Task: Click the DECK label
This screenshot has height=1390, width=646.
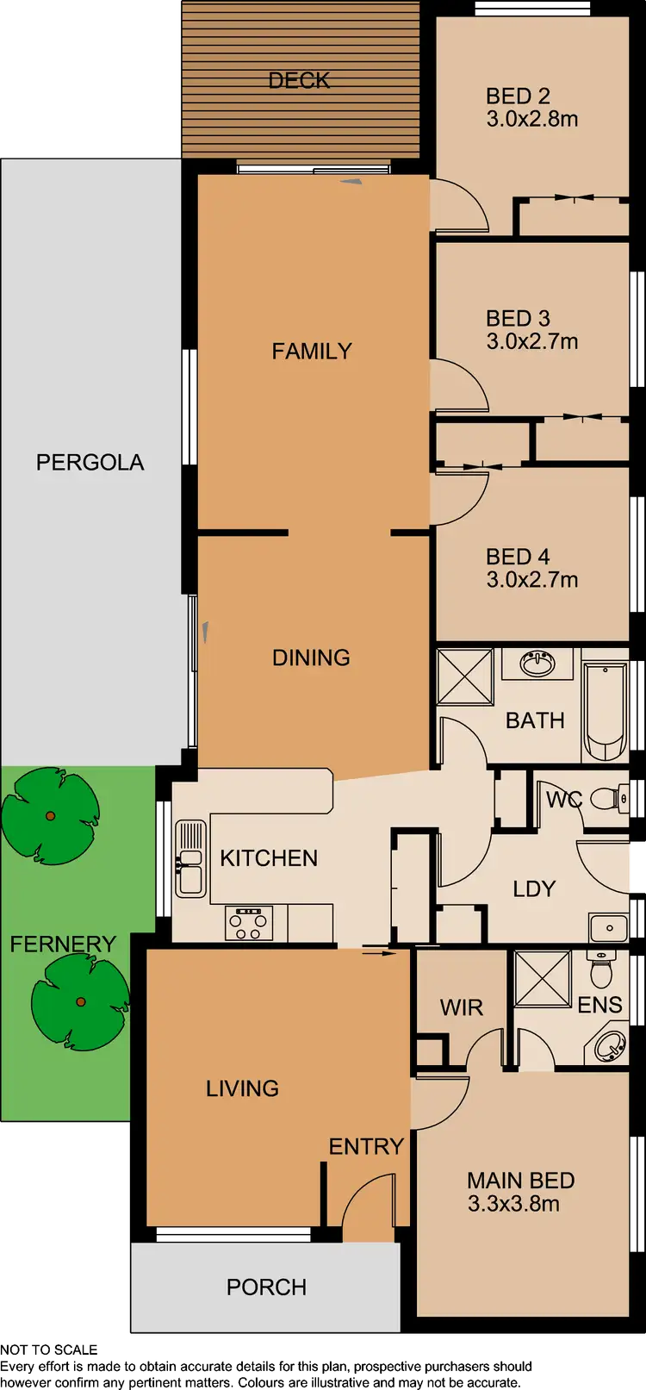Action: point(299,80)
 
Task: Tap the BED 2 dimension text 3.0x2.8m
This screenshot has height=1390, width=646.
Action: point(531,119)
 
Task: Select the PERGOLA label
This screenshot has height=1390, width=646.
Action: point(90,462)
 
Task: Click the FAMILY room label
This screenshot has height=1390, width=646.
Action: point(311,351)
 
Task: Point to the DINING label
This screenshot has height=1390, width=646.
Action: point(311,658)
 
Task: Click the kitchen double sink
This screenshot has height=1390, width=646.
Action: point(190,858)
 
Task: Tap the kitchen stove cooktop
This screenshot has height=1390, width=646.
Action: point(249,923)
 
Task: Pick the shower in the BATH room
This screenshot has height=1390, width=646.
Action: point(464,678)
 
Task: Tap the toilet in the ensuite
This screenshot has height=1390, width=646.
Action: point(600,970)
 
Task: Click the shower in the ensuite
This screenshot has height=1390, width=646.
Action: point(543,978)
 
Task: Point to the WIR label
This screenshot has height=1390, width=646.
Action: point(461,1007)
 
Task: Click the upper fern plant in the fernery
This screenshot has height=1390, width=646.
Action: point(51,815)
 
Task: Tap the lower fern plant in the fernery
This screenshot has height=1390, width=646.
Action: point(80,1000)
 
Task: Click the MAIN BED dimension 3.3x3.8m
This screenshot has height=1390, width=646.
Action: point(513,1204)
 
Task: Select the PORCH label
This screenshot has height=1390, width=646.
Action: point(266,1287)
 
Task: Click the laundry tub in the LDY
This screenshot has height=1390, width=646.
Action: point(609,928)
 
